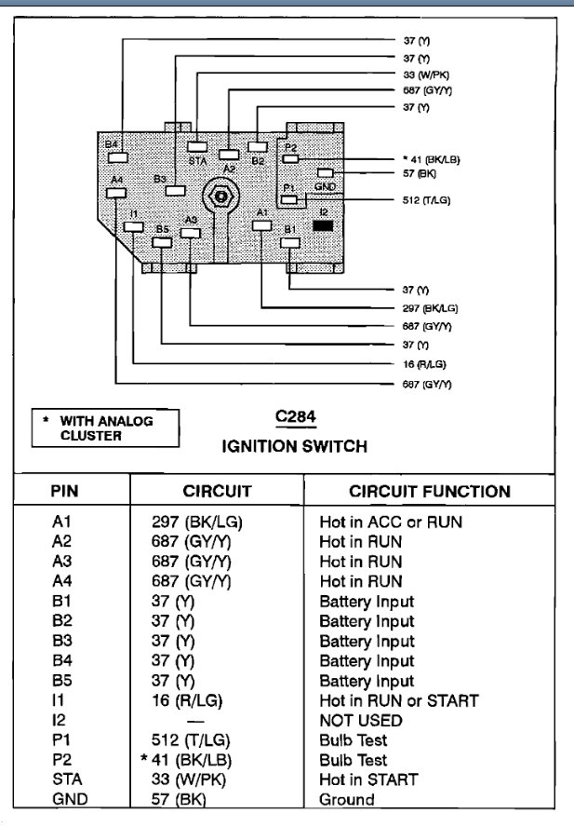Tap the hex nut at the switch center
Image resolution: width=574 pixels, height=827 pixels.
coord(220,196)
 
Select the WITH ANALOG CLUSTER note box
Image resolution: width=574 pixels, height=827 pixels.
coord(103,428)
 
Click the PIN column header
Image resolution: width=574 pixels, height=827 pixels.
coord(70,491)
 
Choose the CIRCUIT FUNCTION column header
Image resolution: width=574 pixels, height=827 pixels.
coord(429,491)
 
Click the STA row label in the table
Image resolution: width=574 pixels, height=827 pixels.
coord(65,780)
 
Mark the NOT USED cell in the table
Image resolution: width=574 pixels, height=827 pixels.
coord(361,720)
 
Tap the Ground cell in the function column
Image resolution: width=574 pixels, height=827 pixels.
coord(347,799)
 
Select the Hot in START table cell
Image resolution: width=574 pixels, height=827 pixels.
coord(368,780)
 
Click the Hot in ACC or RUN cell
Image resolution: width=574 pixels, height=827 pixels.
coord(391,522)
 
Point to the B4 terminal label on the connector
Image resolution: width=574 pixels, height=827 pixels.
coord(112,145)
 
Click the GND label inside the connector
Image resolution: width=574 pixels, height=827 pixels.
coord(325,186)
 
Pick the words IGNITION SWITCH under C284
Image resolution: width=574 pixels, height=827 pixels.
coord(294,446)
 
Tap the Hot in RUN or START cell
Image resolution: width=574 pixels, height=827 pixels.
coord(398,700)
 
